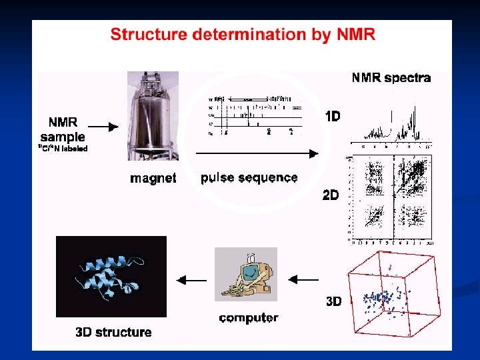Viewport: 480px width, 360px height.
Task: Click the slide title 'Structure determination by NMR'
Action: [243, 35]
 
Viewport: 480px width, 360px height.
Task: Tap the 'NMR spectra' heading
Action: [391, 78]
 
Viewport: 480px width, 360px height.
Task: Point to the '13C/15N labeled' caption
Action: [63, 149]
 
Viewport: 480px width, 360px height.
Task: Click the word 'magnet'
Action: [153, 178]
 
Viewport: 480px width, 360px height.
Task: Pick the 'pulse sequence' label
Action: [249, 178]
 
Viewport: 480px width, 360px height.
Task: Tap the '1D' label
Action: [332, 116]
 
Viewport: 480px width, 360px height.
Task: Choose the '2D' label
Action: [331, 195]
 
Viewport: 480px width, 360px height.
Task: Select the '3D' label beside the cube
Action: [333, 301]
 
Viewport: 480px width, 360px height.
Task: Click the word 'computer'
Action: [249, 318]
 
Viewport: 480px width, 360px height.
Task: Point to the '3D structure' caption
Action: [113, 332]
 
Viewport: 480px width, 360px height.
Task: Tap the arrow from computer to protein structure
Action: [191, 280]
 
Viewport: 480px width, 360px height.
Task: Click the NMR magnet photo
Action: [153, 117]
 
